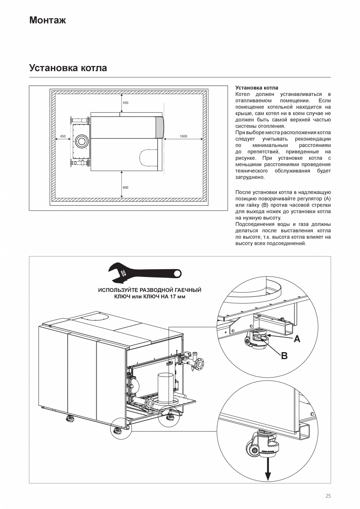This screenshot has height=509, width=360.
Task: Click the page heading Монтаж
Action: click(47, 20)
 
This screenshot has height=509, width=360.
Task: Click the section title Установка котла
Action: click(68, 68)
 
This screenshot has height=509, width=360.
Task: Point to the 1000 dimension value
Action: click(183, 136)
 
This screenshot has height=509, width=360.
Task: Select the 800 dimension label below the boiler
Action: click(125, 187)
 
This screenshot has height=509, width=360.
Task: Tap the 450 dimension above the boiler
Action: click(125, 103)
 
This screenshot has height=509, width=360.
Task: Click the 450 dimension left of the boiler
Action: click(63, 136)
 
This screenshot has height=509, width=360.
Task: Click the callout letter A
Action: click(297, 339)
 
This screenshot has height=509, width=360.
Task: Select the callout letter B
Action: click(284, 356)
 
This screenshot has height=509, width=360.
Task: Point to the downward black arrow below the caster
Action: click(268, 469)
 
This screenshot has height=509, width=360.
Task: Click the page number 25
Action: click(328, 496)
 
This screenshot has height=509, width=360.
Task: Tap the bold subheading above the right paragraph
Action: click(257, 88)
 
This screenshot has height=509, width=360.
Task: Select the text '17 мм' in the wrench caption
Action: click(177, 297)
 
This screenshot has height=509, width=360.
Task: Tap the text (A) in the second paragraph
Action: click(328, 199)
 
